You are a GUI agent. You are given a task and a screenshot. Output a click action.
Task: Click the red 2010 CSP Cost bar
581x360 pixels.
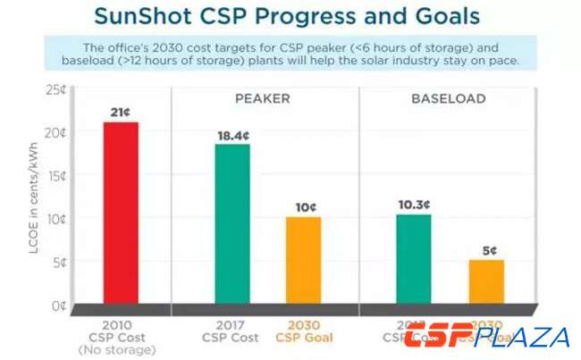[121, 213]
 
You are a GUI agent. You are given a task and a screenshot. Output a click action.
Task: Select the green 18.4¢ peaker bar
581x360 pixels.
[232, 224]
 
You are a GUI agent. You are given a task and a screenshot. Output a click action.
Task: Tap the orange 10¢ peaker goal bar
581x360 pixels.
[303, 260]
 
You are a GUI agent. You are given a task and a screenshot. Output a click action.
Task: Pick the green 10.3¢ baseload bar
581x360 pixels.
[414, 259]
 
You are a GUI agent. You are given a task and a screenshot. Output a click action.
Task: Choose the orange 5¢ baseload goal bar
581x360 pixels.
[486, 281]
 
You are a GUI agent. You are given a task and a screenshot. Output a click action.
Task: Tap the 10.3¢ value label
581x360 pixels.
[414, 204]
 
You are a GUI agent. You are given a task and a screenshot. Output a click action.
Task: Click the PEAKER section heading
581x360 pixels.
[262, 98]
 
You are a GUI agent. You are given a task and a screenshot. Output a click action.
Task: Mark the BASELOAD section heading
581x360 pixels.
[448, 98]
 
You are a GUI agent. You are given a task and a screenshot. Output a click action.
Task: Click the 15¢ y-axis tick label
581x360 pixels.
[56, 175]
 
